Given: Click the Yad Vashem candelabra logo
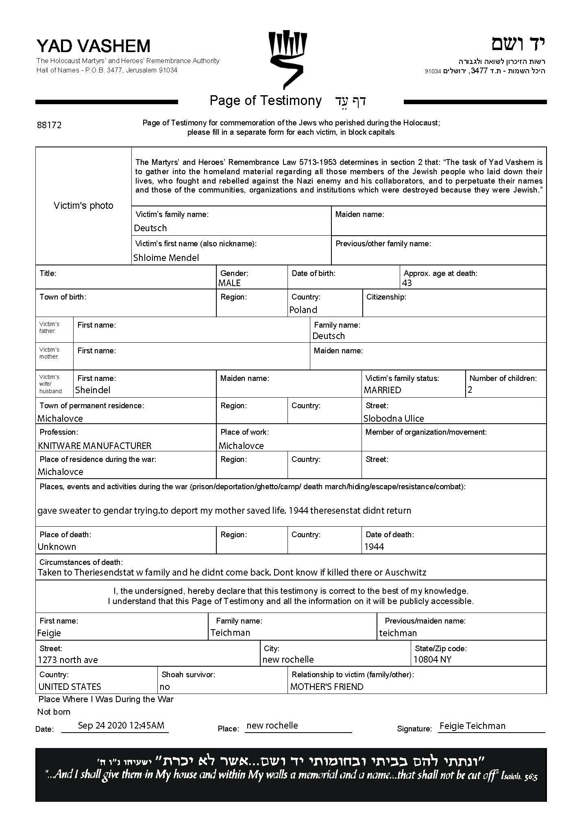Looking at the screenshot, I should (x=287, y=59).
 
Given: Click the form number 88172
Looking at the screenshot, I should (x=49, y=125).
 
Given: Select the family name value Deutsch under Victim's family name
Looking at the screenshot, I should (x=150, y=228).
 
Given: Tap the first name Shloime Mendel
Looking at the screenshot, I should (x=166, y=258).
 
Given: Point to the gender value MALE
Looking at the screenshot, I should (x=229, y=283).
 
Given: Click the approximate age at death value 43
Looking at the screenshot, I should (x=407, y=283).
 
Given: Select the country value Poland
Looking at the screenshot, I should (x=303, y=310).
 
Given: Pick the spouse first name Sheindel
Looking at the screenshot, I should (x=93, y=390).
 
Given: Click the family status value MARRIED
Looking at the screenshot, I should (x=382, y=390).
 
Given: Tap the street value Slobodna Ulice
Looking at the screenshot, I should (x=394, y=419).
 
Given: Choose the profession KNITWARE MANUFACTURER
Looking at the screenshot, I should (x=95, y=446).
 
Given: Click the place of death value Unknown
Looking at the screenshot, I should (x=57, y=547).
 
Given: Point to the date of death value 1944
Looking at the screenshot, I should (x=374, y=547).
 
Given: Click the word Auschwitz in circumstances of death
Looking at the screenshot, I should (x=405, y=573).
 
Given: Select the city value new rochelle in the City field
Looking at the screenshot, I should (x=288, y=659).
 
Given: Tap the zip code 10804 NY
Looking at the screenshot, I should (x=433, y=659).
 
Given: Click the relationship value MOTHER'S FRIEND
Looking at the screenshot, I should (x=327, y=687).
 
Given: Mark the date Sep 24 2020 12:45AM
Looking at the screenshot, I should (x=121, y=725).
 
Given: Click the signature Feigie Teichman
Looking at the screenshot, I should (x=473, y=726).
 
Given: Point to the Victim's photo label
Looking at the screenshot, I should (x=83, y=206).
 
